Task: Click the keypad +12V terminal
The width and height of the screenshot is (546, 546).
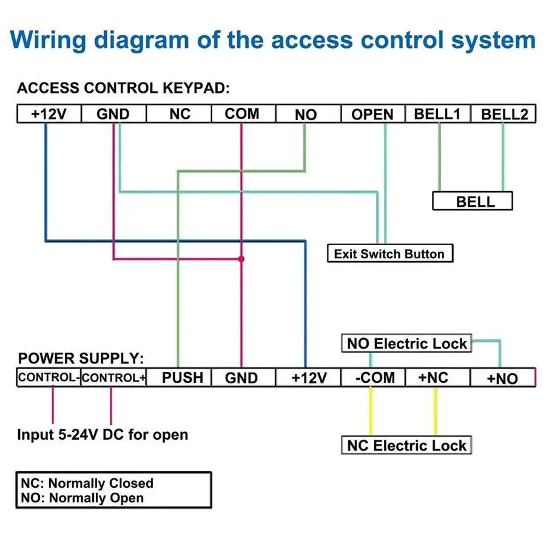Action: [x=49, y=114]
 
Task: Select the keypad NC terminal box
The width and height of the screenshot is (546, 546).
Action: [x=180, y=114]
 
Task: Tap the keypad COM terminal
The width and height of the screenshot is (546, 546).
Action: [x=242, y=114]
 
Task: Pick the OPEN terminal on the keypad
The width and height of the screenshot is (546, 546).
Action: [x=372, y=114]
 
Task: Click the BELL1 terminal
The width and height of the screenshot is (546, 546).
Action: [x=437, y=114]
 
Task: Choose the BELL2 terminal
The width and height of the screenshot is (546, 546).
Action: [x=504, y=114]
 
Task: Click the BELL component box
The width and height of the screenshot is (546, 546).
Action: [x=473, y=201]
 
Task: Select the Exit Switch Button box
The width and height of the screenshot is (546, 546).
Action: [x=389, y=254]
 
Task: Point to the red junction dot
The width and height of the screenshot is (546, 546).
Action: [x=241, y=259]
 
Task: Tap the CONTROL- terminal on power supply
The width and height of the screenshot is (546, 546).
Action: [x=49, y=377]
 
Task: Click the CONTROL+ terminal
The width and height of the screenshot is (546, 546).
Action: [x=114, y=377]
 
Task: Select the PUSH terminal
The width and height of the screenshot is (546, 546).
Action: [x=183, y=377]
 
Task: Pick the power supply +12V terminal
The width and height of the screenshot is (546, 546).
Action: [x=309, y=377]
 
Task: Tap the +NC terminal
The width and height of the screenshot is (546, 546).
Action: [x=434, y=377]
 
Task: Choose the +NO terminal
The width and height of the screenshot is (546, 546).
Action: [x=503, y=378]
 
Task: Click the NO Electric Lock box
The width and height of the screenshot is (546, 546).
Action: [x=406, y=344]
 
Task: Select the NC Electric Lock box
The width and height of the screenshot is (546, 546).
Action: [x=406, y=446]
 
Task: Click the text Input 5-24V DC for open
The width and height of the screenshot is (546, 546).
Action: [x=103, y=434]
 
